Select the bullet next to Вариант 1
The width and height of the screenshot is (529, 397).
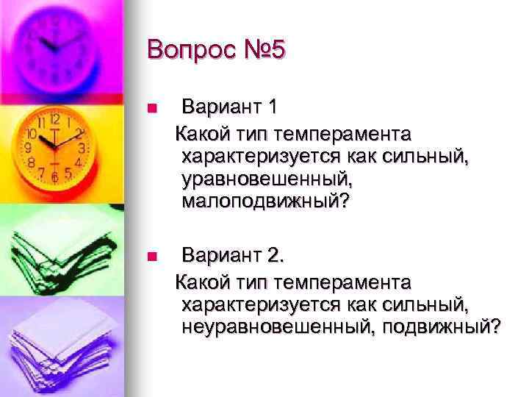[x=152, y=108]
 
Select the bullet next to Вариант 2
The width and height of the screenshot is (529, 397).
[x=152, y=257]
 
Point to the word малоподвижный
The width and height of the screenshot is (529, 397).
[x=257, y=201]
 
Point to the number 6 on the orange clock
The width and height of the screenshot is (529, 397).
[x=55, y=177]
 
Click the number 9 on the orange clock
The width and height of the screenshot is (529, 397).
[x=28, y=148]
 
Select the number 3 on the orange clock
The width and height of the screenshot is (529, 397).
[x=82, y=148]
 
